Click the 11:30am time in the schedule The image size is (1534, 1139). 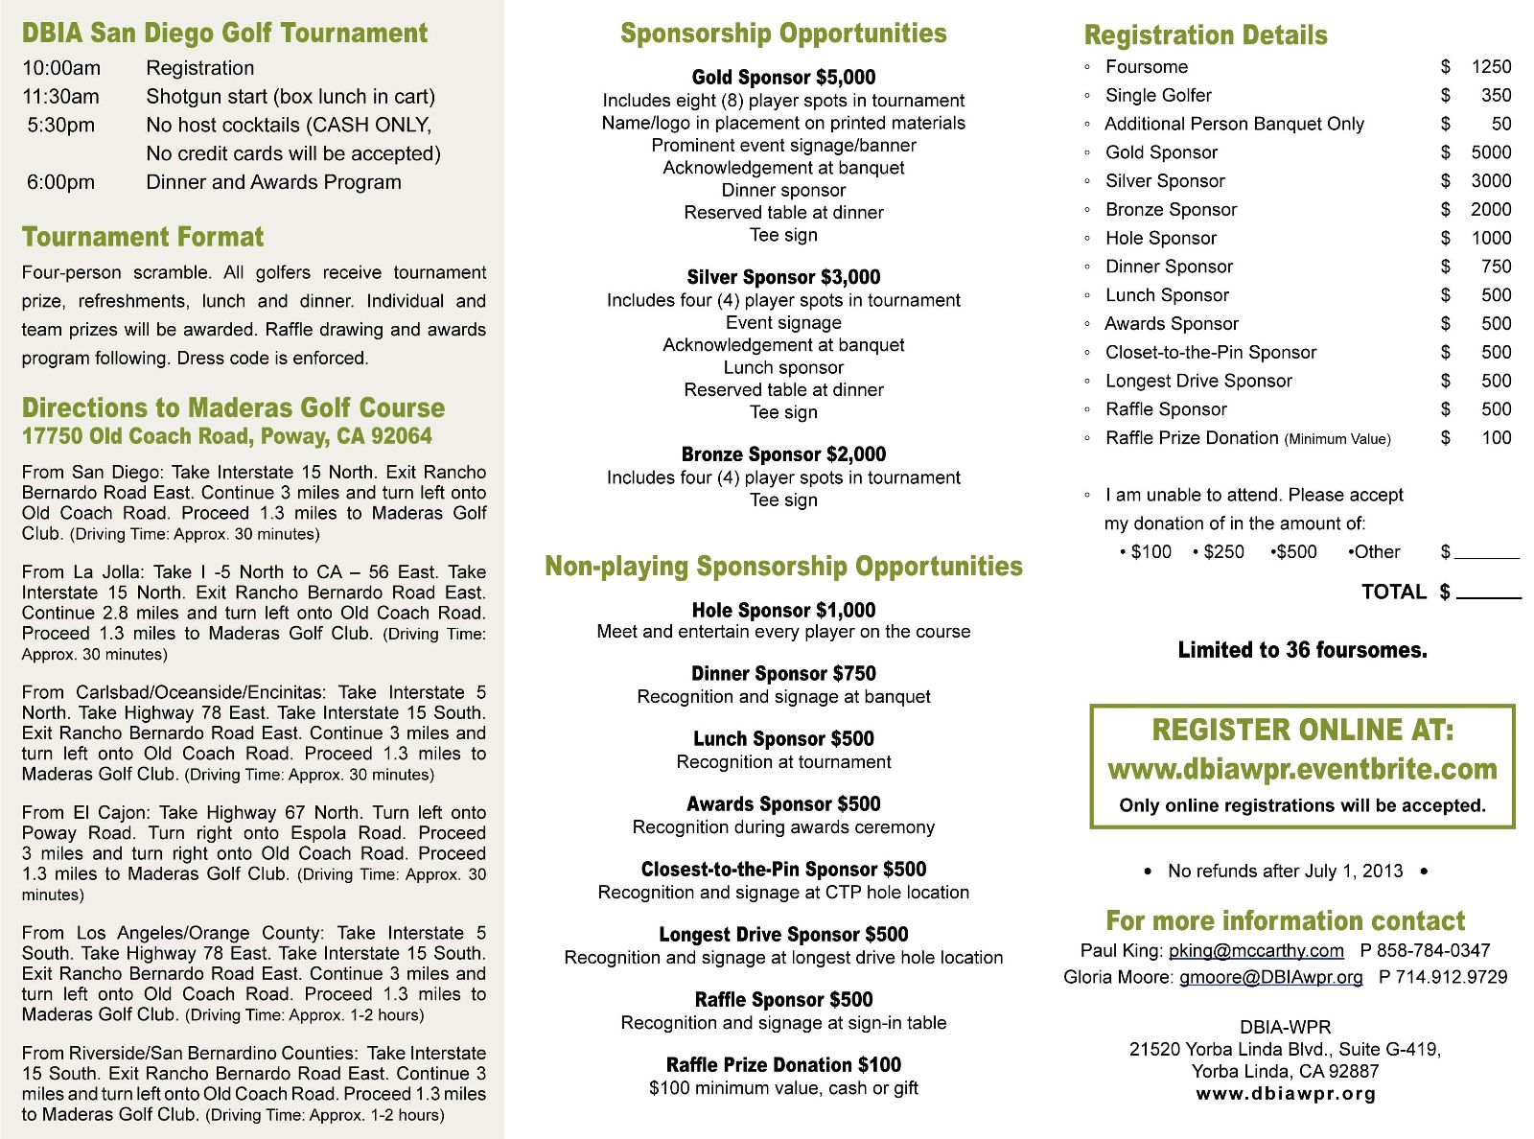[60, 97]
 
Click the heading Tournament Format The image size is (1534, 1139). [143, 237]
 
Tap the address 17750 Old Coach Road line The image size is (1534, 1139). [227, 436]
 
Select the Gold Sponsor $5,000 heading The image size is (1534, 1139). [783, 78]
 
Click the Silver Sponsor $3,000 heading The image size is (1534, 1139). [783, 277]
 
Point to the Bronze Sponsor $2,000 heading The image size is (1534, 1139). [783, 454]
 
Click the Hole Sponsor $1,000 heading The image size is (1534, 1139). [783, 610]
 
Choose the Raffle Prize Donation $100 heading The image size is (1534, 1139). [783, 1064]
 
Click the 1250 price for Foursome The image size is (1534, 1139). [1491, 67]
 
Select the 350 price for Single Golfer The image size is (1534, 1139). [1496, 96]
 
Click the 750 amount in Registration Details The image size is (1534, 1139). [1496, 267]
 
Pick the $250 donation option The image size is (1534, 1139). [1223, 552]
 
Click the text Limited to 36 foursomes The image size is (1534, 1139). [1302, 650]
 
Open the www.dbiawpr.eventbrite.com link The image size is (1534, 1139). [1302, 769]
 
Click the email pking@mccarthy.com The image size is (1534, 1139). [1256, 950]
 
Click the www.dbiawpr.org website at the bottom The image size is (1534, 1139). [1286, 1094]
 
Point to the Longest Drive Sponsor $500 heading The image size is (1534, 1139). [783, 934]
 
